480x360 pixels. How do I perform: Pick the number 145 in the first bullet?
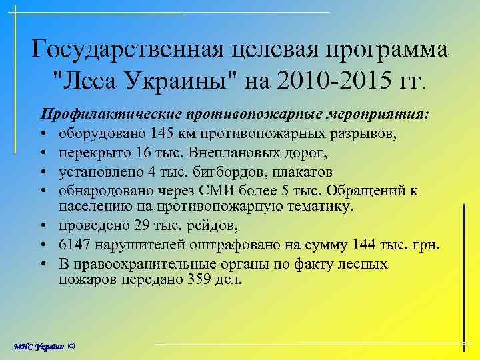163,133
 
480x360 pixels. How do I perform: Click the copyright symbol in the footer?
71,347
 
